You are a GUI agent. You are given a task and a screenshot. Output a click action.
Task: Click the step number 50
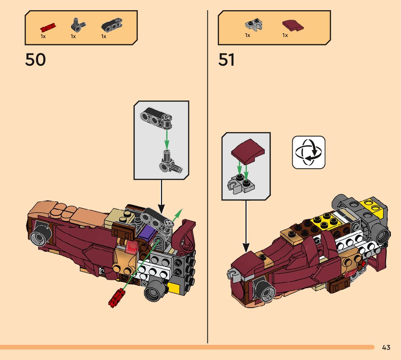pyautogui.click(x=36, y=60)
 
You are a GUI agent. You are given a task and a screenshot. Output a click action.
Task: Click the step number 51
pyautogui.click(x=227, y=60)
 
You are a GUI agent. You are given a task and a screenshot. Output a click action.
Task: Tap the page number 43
pyautogui.click(x=386, y=347)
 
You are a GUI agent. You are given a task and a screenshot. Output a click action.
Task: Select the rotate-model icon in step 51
pyautogui.click(x=309, y=152)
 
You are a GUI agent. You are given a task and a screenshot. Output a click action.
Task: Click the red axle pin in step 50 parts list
pyautogui.click(x=48, y=27)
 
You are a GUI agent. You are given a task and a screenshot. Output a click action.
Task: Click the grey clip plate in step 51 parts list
pyautogui.click(x=253, y=25)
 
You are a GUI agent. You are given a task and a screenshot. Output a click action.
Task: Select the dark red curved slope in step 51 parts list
pyautogui.click(x=293, y=26)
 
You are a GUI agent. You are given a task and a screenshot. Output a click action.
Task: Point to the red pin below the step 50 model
pyautogui.click(x=116, y=299)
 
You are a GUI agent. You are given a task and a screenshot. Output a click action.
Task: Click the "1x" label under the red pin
pyautogui.click(x=43, y=36)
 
